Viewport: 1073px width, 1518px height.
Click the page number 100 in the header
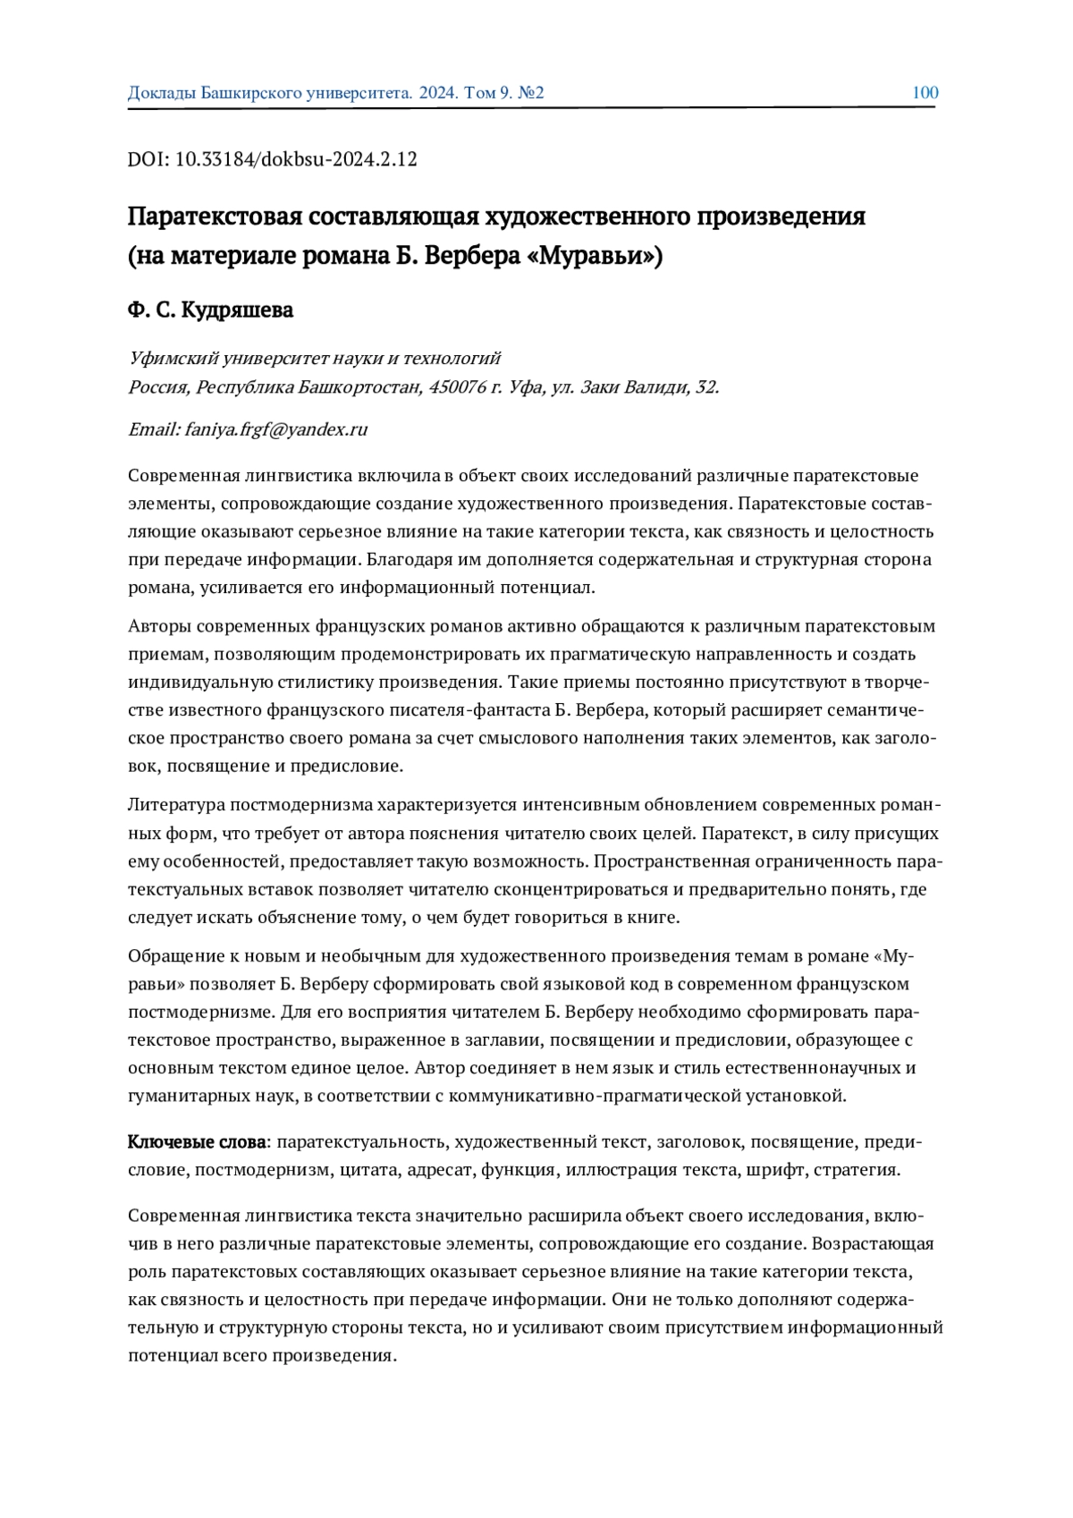925,93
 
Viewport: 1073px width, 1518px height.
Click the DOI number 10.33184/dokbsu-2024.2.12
296,160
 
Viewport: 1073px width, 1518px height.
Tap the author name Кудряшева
237,310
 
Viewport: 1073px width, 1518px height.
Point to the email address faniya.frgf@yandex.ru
276,429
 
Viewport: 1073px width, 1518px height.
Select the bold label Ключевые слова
197,1142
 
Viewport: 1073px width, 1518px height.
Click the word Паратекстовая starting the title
213,217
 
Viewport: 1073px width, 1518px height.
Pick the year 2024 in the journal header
438,93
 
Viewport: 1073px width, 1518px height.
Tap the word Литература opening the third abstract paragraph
173,805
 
